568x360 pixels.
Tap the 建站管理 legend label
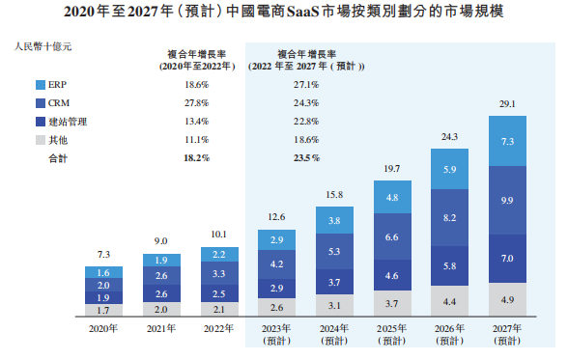69,122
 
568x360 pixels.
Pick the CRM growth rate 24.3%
305,103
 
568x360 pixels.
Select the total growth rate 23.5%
305,157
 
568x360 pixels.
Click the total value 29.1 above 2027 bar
508,103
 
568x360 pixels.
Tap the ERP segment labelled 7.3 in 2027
508,141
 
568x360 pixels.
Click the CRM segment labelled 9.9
508,200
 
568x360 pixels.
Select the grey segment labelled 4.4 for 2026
450,302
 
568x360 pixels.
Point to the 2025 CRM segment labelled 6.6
392,237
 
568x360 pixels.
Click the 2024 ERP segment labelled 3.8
334,221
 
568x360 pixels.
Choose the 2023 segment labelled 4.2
276,263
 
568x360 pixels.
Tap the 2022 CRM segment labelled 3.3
218,274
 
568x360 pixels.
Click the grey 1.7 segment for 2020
102,311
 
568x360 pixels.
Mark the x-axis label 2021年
160,330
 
